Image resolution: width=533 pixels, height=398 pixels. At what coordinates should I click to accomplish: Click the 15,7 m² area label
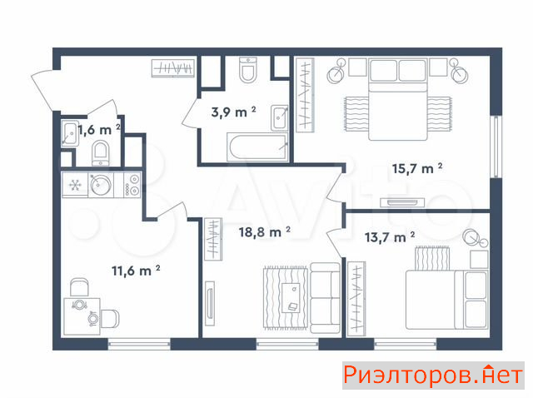pyautogui.click(x=417, y=168)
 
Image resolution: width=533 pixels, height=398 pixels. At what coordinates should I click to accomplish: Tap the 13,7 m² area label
pyautogui.click(x=390, y=237)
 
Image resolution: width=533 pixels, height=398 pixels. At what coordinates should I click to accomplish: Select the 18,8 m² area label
pyautogui.click(x=265, y=231)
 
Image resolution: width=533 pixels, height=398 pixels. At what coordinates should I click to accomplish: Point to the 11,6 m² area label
pyautogui.click(x=136, y=271)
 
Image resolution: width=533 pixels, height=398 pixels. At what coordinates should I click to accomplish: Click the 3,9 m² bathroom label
pyautogui.click(x=233, y=112)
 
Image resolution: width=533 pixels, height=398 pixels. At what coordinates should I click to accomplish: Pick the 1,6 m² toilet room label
pyautogui.click(x=99, y=130)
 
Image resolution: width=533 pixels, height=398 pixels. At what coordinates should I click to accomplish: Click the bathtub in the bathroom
pyautogui.click(x=257, y=147)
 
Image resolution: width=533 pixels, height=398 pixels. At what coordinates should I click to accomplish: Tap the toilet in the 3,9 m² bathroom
pyautogui.click(x=248, y=70)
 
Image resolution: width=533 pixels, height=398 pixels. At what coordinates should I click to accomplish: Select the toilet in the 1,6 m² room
pyautogui.click(x=101, y=154)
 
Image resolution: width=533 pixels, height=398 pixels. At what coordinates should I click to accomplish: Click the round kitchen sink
pyautogui.click(x=101, y=185)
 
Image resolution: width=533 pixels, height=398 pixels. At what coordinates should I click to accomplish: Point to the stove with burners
pyautogui.click(x=132, y=185)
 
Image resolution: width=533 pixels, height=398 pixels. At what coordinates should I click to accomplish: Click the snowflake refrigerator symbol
pyautogui.click(x=75, y=185)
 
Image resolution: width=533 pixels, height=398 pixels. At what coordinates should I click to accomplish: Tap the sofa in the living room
pyautogui.click(x=326, y=298)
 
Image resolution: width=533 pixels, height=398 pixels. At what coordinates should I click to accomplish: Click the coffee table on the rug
pyautogui.click(x=291, y=298)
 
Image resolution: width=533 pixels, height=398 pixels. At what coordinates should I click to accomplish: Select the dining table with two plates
pyautogui.click(x=82, y=316)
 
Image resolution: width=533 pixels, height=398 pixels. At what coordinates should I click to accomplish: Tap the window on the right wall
pyautogui.click(x=496, y=147)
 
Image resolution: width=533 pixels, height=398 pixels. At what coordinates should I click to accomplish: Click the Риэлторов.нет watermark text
pyautogui.click(x=433, y=376)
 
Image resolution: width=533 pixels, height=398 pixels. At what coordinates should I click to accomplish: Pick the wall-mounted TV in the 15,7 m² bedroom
pyautogui.click(x=402, y=202)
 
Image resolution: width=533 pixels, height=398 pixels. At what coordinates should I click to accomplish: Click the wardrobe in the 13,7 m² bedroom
pyautogui.click(x=356, y=299)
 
